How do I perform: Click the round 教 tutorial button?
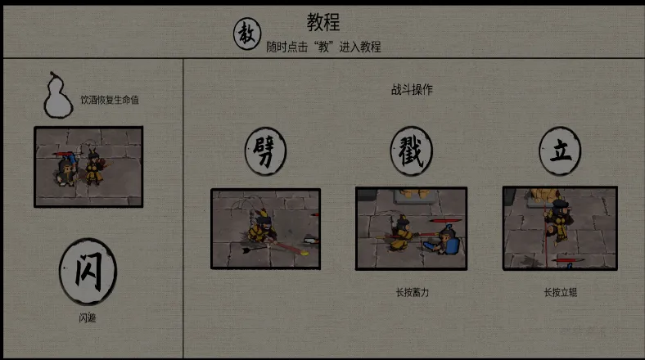(247, 34)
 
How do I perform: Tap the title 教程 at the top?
(323, 22)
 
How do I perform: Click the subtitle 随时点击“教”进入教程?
(323, 47)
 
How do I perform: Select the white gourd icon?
(58, 95)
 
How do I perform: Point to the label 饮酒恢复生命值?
(110, 100)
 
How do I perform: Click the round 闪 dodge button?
(88, 272)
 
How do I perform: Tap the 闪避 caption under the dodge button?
(88, 317)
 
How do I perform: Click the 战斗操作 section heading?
(412, 89)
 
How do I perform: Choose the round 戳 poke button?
(412, 151)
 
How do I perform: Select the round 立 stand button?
(560, 151)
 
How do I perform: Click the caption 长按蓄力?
(413, 293)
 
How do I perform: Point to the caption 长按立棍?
(560, 293)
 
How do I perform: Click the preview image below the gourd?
(88, 167)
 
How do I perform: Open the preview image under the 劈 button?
(265, 229)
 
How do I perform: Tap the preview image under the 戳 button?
(412, 228)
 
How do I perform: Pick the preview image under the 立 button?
(560, 228)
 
